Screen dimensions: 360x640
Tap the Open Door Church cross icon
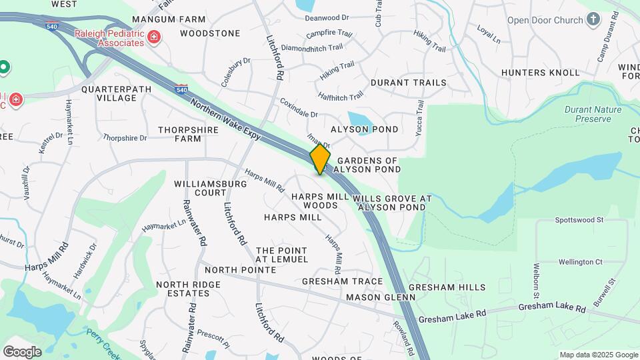593,19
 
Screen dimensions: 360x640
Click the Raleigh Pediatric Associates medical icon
154,37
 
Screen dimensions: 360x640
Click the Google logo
22,351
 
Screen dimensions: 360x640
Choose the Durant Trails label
408,83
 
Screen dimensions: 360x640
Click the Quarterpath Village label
109,93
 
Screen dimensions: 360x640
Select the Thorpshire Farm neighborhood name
179,134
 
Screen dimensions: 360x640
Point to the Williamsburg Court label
201,187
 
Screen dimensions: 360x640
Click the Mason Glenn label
371,297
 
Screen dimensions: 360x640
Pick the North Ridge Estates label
188,289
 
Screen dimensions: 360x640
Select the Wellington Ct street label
580,262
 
